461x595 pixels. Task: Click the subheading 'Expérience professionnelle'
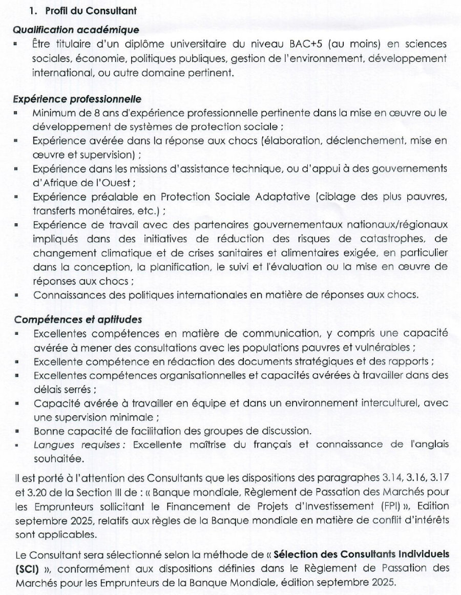(x=77, y=98)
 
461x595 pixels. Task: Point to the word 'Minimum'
(x=52, y=112)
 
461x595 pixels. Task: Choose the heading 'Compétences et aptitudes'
(x=78, y=320)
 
